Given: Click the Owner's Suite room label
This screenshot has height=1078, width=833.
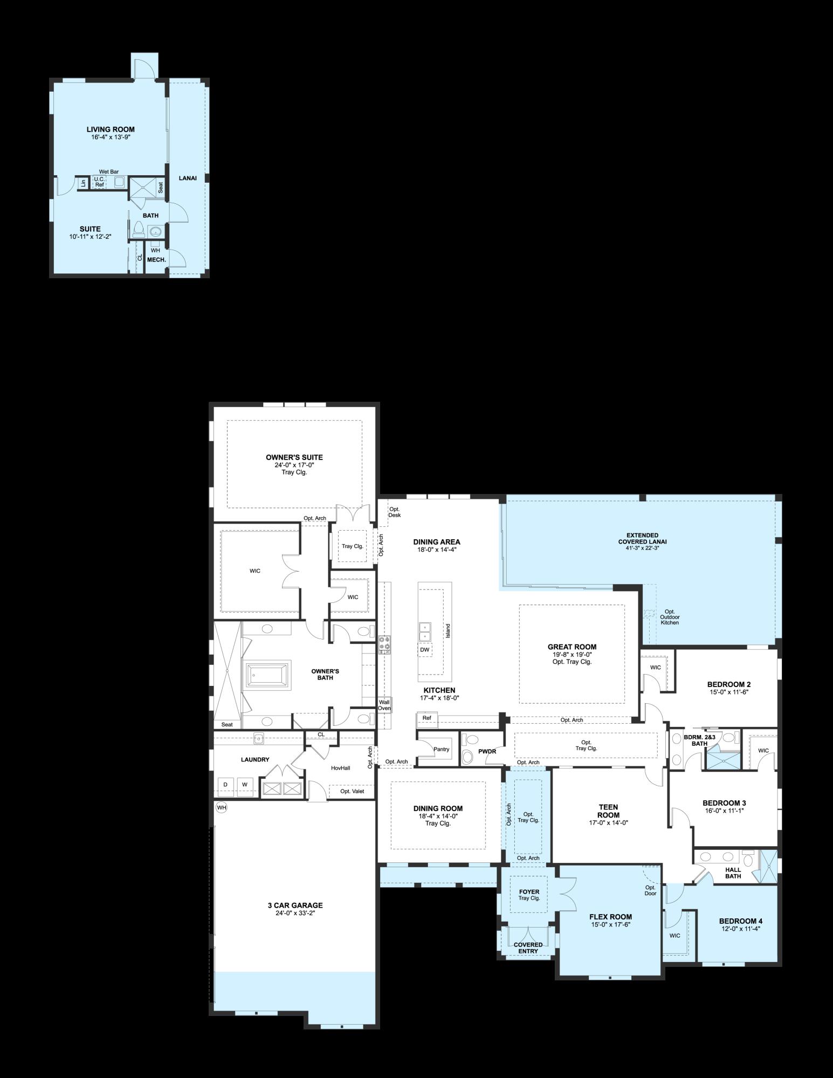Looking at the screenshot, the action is [x=294, y=457].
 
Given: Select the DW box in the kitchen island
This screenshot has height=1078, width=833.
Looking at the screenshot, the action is [x=425, y=650].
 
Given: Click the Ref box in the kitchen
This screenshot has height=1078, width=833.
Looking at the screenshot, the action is [x=427, y=718].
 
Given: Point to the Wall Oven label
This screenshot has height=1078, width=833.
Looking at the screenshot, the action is [x=384, y=705].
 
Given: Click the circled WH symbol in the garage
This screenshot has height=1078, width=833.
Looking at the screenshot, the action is [x=221, y=807].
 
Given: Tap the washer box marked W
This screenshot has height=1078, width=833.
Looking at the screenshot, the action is [x=244, y=784].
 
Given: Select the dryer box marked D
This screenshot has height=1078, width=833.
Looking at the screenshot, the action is [x=225, y=784].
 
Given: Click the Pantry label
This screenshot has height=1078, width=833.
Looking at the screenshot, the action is [x=441, y=749].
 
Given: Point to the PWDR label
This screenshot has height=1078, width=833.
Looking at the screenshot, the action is [x=487, y=751].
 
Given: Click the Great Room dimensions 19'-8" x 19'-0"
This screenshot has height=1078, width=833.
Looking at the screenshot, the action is [x=572, y=654].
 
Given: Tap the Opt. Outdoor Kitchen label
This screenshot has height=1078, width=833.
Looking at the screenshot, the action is [x=670, y=617].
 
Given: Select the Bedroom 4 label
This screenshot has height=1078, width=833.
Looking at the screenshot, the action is [x=741, y=921].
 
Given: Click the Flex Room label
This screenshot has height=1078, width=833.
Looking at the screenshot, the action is [x=610, y=917].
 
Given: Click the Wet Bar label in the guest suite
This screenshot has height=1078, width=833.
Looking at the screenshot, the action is [x=108, y=171].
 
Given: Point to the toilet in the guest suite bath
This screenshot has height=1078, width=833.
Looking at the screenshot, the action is [x=139, y=230].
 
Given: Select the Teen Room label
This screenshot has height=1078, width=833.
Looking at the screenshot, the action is [x=608, y=811].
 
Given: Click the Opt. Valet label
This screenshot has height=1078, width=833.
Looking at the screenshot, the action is [x=352, y=791].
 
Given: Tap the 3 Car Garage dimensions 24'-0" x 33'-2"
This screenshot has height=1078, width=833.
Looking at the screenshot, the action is [x=294, y=913].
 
